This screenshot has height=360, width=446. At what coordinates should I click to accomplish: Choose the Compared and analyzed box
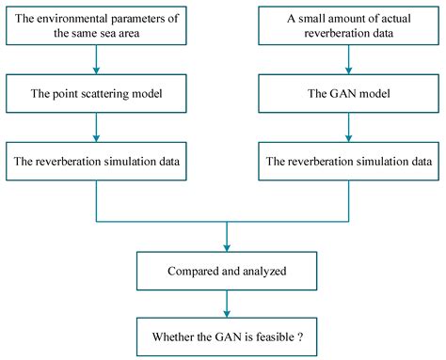click(226, 273)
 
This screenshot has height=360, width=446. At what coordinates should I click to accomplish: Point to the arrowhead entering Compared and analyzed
click(226, 246)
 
